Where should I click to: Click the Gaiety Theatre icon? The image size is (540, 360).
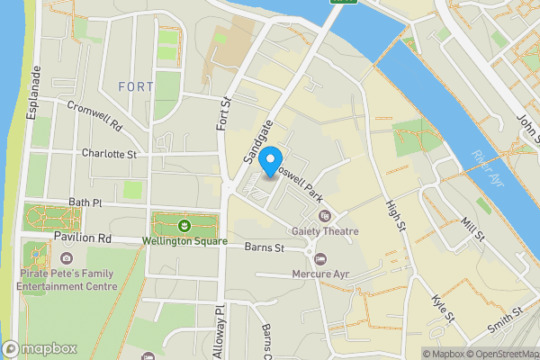325,216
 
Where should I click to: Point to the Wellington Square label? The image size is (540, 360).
184,241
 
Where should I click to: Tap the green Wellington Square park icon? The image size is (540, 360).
184,224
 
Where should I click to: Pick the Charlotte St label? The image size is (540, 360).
108,154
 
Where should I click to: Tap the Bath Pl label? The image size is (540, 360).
85,203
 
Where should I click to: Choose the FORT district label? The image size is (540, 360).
135,86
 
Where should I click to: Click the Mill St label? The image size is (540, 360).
472,229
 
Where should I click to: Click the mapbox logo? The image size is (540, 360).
40,348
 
